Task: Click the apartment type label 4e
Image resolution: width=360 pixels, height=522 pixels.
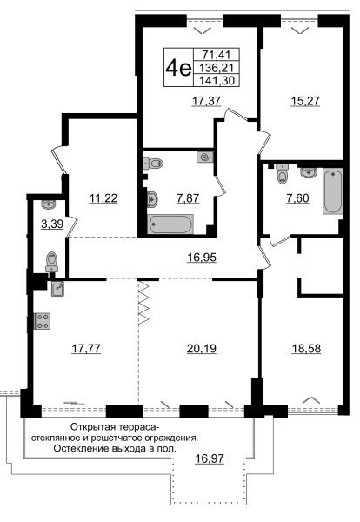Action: (x=178, y=68)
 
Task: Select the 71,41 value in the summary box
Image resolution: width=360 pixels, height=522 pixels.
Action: (x=217, y=55)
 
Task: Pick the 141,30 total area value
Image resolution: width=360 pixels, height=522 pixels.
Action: (x=217, y=80)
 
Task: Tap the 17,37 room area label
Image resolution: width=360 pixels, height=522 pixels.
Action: (x=207, y=101)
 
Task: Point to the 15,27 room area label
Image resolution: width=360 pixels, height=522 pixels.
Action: (x=304, y=101)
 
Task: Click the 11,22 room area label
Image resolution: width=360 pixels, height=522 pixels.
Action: (x=103, y=198)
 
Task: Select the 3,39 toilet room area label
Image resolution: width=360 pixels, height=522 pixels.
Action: (x=52, y=224)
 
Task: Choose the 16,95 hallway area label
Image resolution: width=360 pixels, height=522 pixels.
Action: (x=202, y=258)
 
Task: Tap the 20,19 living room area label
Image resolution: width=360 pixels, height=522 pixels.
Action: (x=202, y=349)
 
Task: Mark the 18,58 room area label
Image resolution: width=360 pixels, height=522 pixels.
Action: (x=306, y=349)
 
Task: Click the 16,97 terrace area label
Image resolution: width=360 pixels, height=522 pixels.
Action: (x=210, y=459)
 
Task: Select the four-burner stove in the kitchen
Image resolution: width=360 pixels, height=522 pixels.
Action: (x=43, y=321)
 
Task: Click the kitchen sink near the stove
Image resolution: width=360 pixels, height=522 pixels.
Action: (x=58, y=288)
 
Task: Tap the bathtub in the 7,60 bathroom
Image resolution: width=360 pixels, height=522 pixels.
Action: (x=332, y=191)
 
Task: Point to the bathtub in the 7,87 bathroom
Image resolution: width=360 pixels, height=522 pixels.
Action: (x=170, y=224)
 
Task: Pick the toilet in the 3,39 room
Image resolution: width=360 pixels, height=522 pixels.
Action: (x=52, y=262)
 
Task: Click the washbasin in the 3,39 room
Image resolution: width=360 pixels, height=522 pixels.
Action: (x=49, y=204)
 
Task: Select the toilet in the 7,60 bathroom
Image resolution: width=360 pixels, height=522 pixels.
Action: (x=283, y=174)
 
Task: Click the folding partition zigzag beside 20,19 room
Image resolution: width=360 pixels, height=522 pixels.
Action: (x=143, y=303)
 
